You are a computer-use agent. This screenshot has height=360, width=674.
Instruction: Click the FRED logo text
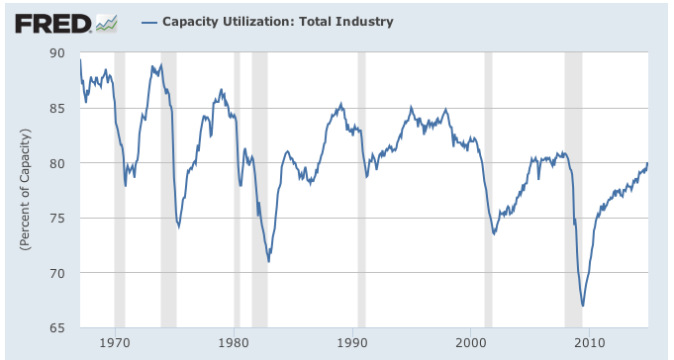pos(52,22)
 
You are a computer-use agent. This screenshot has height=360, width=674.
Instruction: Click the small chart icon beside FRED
pos(107,22)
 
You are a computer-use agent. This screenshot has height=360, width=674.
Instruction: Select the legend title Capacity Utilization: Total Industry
pos(263,21)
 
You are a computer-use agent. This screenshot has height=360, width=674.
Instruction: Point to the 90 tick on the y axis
pos(58,53)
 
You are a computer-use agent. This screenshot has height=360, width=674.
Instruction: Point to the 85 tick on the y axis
pos(58,108)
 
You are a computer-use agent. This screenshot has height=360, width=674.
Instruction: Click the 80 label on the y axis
pos(58,163)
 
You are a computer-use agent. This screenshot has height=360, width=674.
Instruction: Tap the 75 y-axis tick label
pos(58,218)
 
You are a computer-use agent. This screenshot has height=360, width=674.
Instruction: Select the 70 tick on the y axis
pos(58,273)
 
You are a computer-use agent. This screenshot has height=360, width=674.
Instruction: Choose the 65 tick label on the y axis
pos(58,327)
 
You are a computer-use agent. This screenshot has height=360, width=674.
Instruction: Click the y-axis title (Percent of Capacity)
pos(23,190)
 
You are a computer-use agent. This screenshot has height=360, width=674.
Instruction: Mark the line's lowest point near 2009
pos(583,306)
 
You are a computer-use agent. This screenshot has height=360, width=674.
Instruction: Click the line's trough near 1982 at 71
pos(268,261)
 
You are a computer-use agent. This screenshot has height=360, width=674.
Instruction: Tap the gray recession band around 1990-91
pos(361,188)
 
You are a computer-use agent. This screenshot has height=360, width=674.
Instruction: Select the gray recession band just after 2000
pos(488,188)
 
